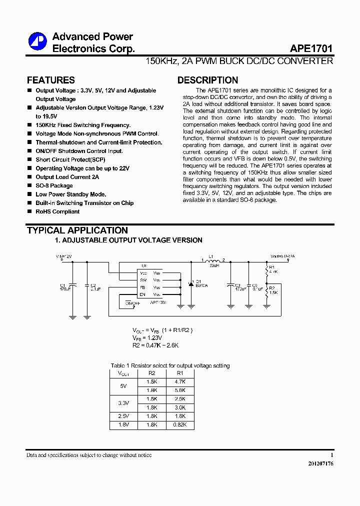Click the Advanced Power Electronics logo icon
[37, 42]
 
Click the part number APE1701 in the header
[311, 49]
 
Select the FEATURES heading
[50, 80]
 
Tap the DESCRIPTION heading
[207, 80]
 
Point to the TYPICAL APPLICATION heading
[77, 230]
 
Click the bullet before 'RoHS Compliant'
[29, 211]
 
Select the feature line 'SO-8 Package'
[54, 185]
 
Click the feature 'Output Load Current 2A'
[67, 177]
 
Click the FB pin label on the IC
[143, 287]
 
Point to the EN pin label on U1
[143, 294]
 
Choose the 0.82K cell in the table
[180, 424]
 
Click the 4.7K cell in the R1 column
[180, 381]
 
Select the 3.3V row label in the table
[123, 403]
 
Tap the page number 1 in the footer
[331, 455]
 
